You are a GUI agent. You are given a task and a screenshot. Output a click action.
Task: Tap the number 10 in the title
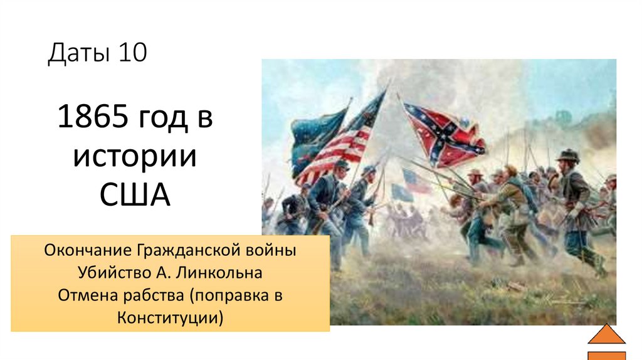point(131,53)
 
